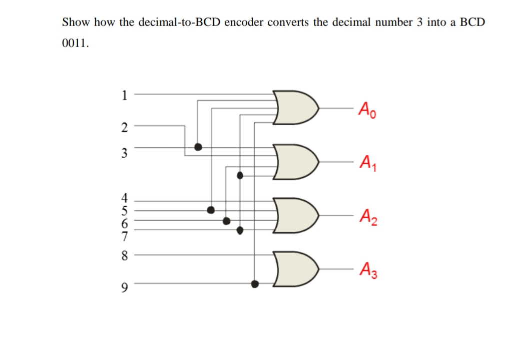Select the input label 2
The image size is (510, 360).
coord(124,127)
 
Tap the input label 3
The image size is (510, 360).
coord(124,152)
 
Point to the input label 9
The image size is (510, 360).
coord(124,287)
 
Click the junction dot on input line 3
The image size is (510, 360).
coord(198,147)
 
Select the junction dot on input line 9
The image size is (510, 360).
coord(255,284)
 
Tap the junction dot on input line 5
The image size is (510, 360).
coord(211,209)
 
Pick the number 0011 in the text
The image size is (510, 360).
coord(75,44)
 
